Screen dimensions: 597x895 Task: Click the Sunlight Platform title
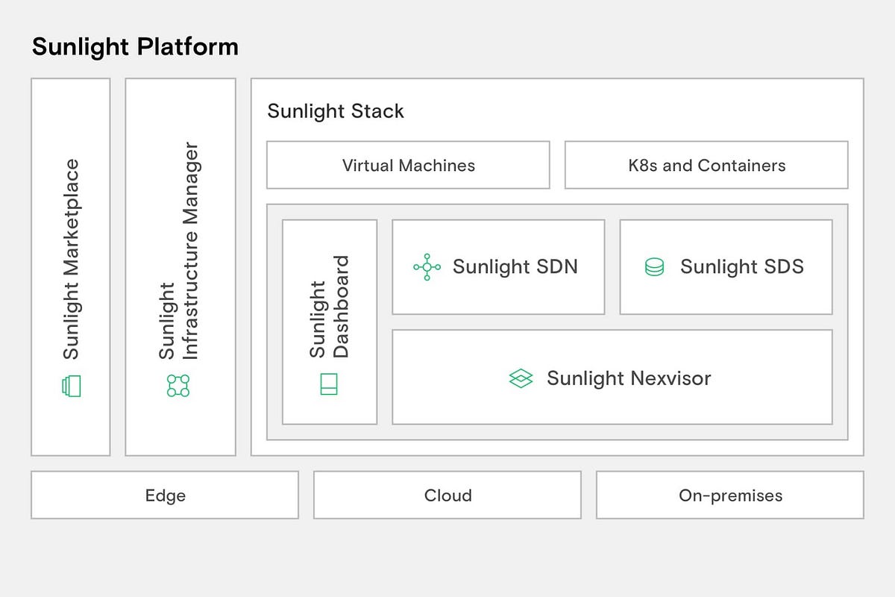(135, 47)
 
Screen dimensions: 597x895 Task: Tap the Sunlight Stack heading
(336, 111)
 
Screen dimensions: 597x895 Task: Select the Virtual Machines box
(408, 165)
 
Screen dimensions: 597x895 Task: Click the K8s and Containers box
(706, 165)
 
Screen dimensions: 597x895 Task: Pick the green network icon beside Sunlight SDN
(427, 267)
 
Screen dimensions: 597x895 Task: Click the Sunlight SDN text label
(515, 267)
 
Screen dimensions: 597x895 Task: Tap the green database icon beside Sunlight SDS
(654, 267)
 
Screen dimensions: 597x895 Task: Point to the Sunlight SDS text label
(742, 267)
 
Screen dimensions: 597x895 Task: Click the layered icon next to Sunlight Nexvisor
(521, 378)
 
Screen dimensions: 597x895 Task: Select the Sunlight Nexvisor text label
(629, 378)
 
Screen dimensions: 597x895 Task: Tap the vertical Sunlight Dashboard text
(329, 307)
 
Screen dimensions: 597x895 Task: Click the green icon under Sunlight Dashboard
(329, 384)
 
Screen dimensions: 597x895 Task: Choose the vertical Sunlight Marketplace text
(71, 259)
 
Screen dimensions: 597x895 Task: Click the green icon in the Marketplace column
(71, 386)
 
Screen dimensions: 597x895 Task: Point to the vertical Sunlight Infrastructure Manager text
(179, 251)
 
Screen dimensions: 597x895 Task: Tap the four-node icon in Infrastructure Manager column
(178, 386)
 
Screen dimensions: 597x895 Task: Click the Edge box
(165, 495)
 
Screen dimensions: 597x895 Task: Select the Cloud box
(447, 495)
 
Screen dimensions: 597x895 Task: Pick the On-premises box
(730, 495)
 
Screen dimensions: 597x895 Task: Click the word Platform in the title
(188, 47)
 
